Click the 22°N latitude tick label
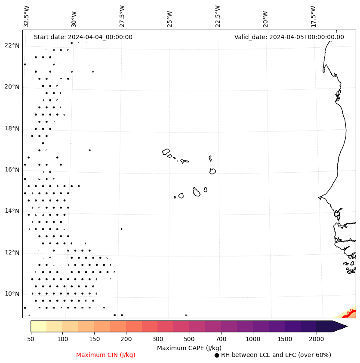(x=12, y=46)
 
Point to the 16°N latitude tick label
(x=12, y=170)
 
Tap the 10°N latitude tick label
(x=12, y=294)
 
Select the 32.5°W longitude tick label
(x=27, y=16)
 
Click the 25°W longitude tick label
(x=169, y=18)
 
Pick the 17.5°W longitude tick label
(x=313, y=16)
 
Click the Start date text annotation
(x=83, y=37)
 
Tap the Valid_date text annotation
(x=289, y=37)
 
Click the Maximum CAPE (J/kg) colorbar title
(x=189, y=348)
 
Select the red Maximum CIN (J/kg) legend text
(x=106, y=355)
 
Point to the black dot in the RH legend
(x=217, y=355)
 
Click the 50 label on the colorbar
(x=31, y=339)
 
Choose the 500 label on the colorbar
(x=189, y=339)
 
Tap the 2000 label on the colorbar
(x=317, y=339)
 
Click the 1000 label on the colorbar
(x=253, y=339)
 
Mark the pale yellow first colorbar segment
(x=38, y=326)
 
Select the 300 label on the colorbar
(x=157, y=339)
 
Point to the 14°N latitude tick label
(x=12, y=211)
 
